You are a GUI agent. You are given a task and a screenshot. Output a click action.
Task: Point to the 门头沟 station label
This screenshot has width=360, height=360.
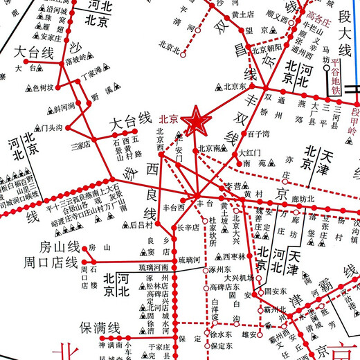pyautogui.click(x=51, y=127)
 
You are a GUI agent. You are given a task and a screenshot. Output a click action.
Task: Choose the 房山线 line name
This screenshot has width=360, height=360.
pyautogui.click(x=59, y=247)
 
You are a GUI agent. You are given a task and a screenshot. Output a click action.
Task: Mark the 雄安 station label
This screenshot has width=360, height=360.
pyautogui.click(x=250, y=334)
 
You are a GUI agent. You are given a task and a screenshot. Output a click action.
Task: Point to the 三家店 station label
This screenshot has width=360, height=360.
pyautogui.click(x=81, y=145)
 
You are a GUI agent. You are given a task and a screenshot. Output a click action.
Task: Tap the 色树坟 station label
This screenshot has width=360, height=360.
pyautogui.click(x=43, y=88)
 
